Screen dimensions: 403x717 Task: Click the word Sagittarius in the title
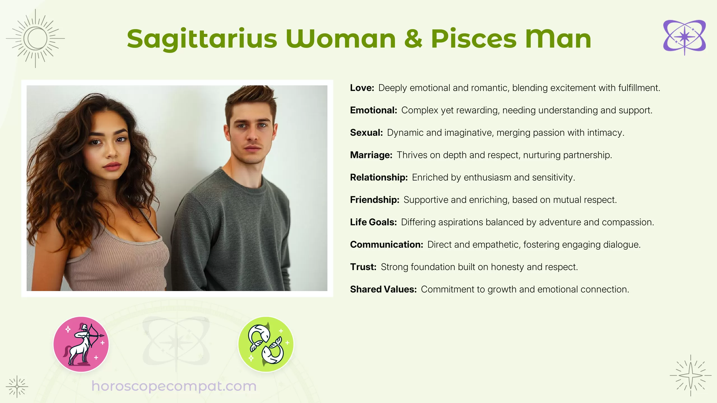click(x=202, y=39)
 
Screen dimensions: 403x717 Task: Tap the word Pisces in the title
click(x=473, y=39)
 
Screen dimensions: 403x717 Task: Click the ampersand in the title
click(x=413, y=39)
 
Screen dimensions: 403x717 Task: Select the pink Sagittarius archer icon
click(x=81, y=344)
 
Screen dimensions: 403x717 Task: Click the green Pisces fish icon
click(x=266, y=344)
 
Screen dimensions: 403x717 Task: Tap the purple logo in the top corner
click(x=684, y=37)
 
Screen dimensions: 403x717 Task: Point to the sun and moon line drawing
click(x=35, y=39)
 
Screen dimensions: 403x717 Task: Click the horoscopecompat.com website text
click(x=174, y=386)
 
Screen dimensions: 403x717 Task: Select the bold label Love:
click(x=362, y=88)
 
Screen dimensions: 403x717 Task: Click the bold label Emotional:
click(x=373, y=110)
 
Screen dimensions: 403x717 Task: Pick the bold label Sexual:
click(x=366, y=133)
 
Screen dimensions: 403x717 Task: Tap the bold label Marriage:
click(x=371, y=155)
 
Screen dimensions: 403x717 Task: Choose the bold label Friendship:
click(x=374, y=200)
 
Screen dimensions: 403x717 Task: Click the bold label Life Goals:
click(x=373, y=222)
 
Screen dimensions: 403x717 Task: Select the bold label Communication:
click(x=387, y=245)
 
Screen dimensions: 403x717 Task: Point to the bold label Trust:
click(x=363, y=267)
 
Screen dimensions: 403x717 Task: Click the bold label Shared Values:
click(x=383, y=289)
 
